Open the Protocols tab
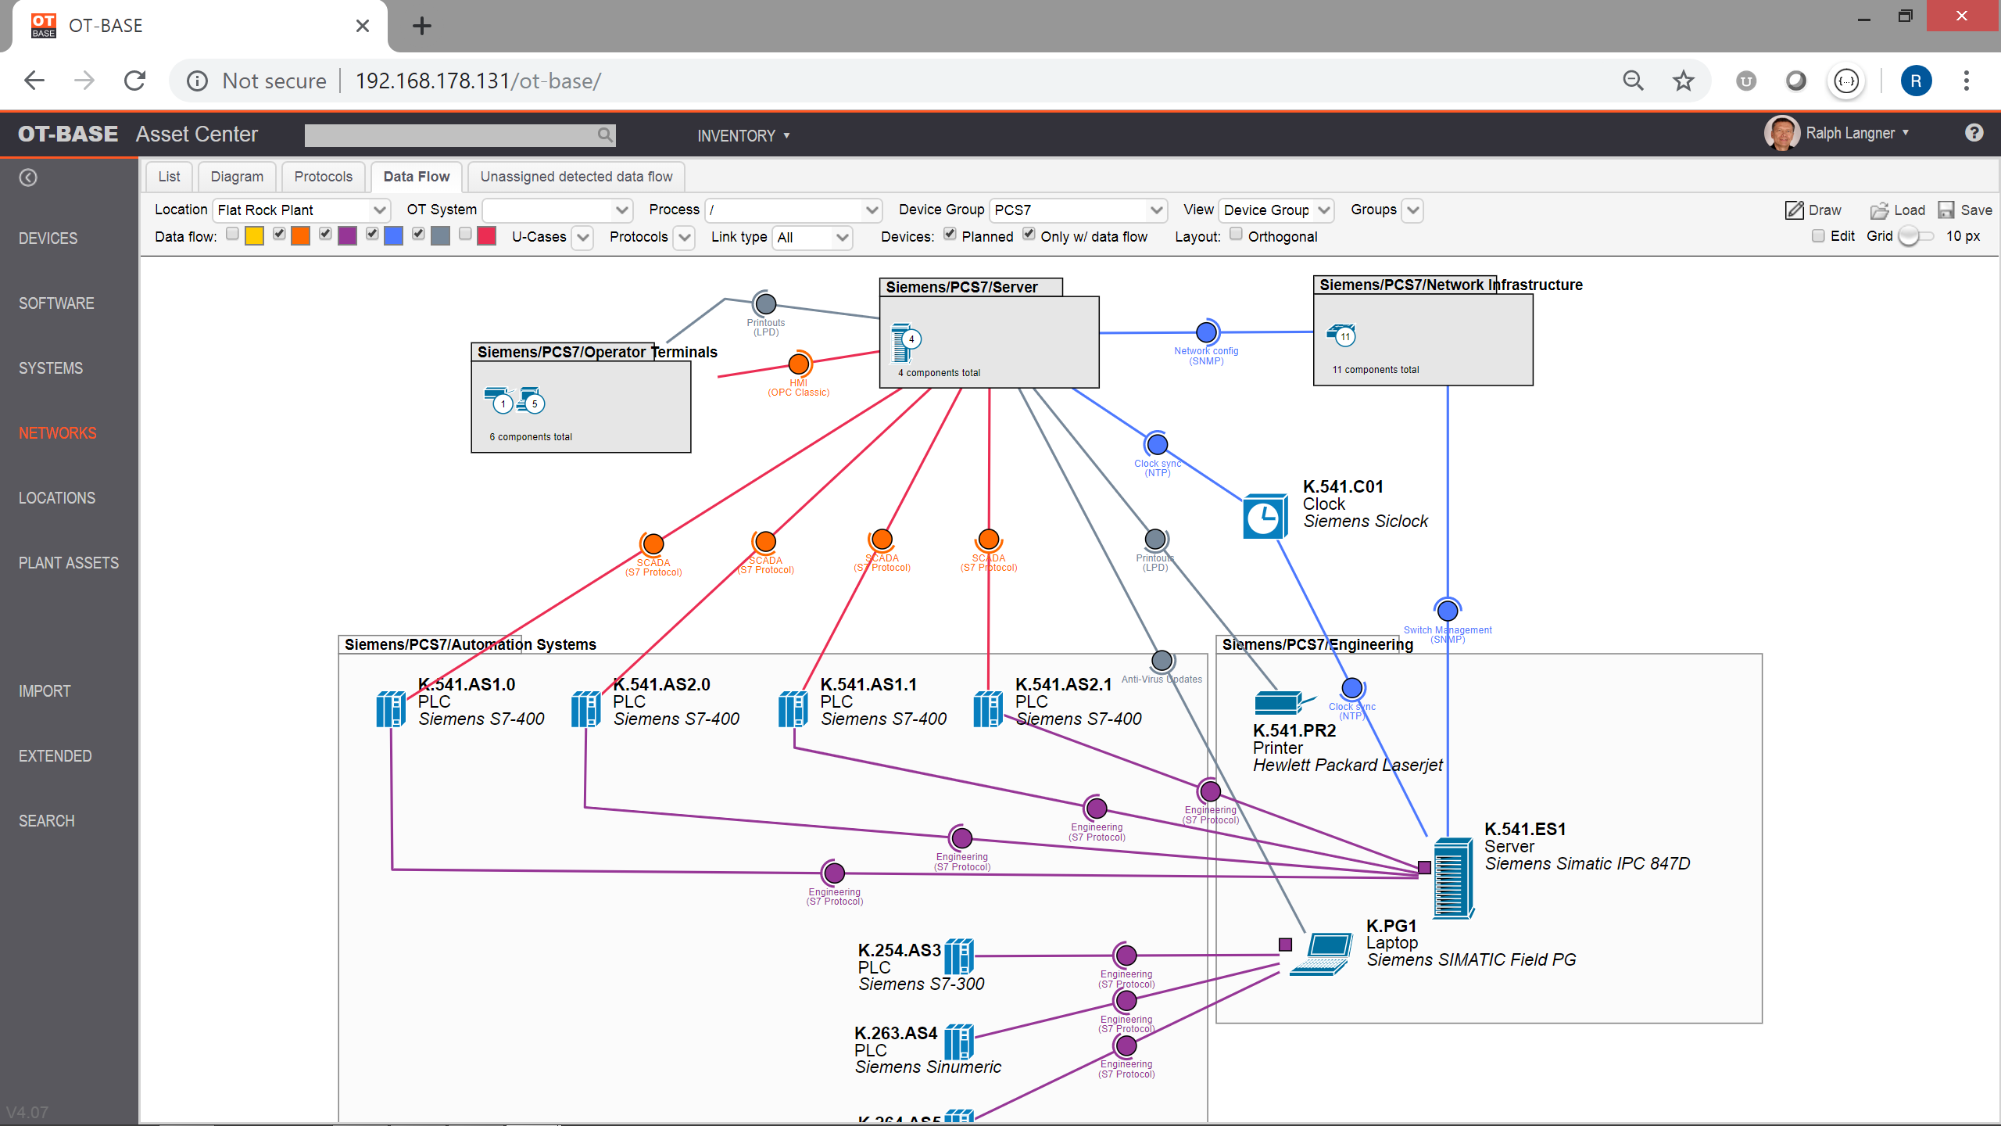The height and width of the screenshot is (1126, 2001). tap(323, 177)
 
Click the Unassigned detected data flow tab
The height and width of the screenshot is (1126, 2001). tap(576, 177)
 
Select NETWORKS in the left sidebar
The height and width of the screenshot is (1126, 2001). tap(58, 433)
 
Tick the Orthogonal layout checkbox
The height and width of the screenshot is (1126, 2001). tap(1236, 235)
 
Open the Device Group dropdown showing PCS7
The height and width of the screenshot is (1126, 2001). tap(1079, 210)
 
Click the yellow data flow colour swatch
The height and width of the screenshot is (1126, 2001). tap(254, 236)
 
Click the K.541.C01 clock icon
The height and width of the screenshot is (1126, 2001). tap(1264, 517)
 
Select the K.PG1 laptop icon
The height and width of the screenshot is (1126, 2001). tap(1322, 953)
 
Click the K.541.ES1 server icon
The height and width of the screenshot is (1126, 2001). tap(1453, 877)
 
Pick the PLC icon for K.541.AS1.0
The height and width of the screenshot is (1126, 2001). tap(391, 708)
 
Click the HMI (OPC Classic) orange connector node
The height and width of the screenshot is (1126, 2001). tap(799, 364)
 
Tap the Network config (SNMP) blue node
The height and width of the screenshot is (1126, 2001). tap(1206, 332)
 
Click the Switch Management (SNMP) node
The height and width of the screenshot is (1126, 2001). tap(1448, 610)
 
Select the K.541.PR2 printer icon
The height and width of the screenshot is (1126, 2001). tap(1279, 702)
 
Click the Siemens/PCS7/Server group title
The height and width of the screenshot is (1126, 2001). tap(961, 287)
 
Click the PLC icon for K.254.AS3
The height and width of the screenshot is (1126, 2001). tap(959, 956)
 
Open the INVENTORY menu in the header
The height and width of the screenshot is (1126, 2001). tap(743, 136)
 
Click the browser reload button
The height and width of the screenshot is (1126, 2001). tap(135, 81)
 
